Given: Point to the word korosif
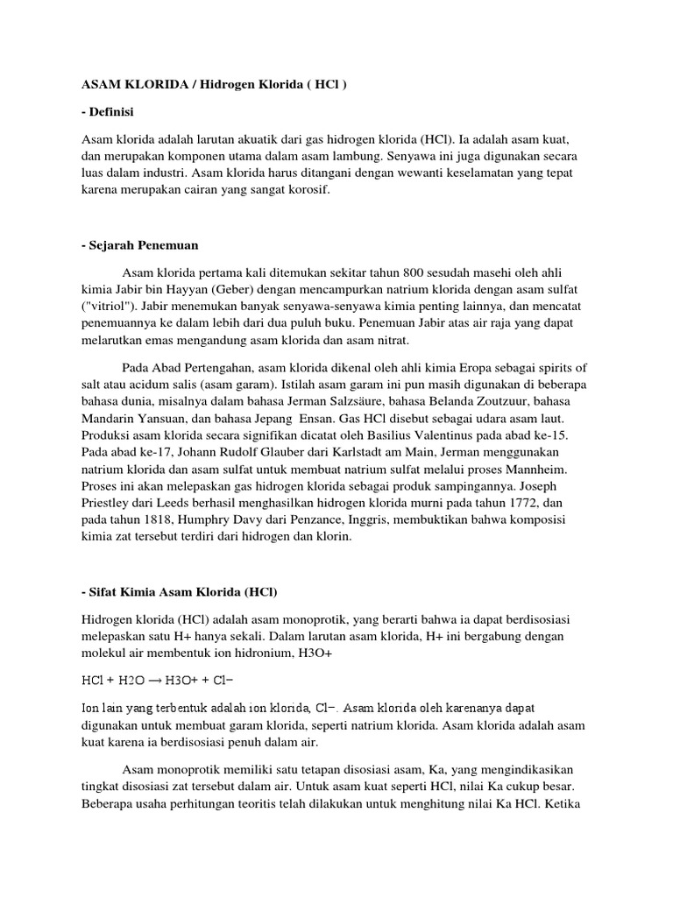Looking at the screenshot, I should click(305, 188).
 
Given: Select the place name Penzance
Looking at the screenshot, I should click(329, 520).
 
